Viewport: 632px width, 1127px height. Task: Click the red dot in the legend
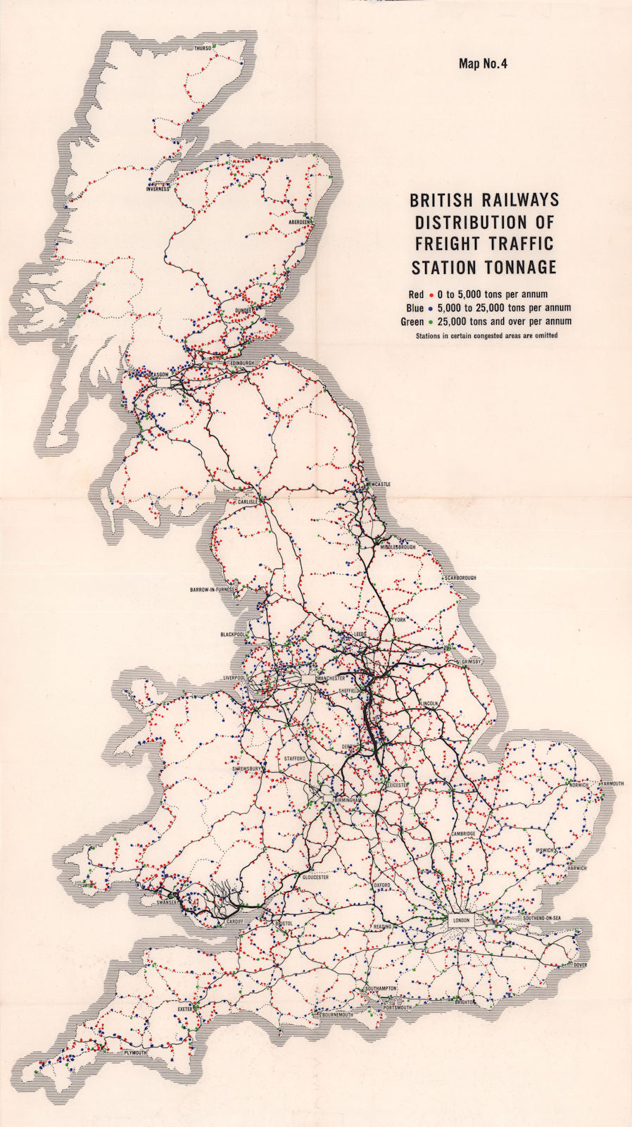(430, 294)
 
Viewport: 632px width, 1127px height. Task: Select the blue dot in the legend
(430, 308)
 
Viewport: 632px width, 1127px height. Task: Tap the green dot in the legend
(430, 321)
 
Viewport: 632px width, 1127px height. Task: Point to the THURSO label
(203, 49)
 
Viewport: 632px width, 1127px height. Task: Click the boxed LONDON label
(462, 920)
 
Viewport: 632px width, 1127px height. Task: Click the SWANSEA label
(166, 902)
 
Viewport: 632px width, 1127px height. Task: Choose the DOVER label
(580, 964)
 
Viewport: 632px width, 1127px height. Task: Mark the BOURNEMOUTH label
(336, 1016)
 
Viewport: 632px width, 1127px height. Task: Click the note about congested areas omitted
(486, 336)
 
